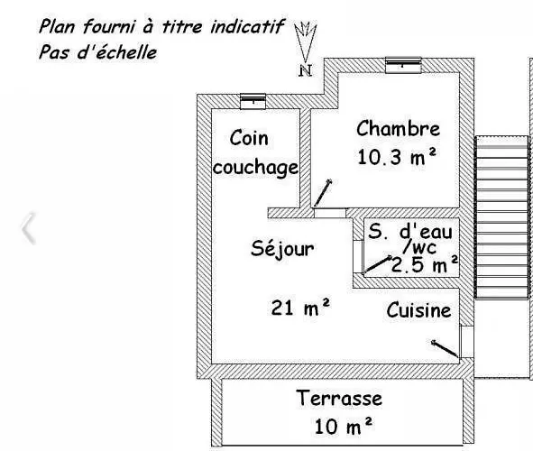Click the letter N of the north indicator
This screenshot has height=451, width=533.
point(305,70)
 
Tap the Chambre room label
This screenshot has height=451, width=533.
point(398,128)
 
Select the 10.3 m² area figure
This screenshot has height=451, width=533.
point(396,157)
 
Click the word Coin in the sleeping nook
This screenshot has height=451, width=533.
point(249,138)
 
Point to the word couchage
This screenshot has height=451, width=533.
point(255,168)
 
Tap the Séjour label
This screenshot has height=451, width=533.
point(282,249)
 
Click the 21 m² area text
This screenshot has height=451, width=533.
point(300,308)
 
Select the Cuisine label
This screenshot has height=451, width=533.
point(418,310)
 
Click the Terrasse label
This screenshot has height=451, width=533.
point(339,398)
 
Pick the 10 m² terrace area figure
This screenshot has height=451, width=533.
point(344,426)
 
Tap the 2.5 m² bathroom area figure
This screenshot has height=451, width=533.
point(425,264)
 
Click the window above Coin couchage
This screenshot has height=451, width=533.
point(253,101)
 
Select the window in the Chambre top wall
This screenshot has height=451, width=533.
point(403,65)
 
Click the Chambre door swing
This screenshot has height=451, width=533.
point(322,193)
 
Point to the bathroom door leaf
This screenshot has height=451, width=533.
point(378,264)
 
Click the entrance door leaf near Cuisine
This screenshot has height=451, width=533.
point(445,349)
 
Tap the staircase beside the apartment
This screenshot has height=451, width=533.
point(501,217)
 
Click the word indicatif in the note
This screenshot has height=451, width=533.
point(247,26)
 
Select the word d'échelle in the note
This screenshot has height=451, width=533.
point(117,52)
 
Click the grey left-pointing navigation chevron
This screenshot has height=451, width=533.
point(28,228)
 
